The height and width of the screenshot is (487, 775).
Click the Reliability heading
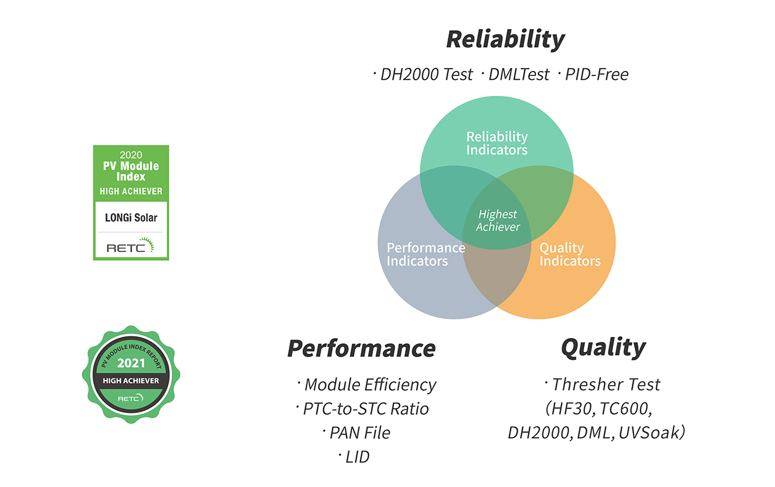505,40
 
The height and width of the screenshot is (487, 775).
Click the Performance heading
361,349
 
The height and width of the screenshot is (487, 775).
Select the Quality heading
603,347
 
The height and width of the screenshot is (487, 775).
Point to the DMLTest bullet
517,75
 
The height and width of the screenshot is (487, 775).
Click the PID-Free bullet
595,75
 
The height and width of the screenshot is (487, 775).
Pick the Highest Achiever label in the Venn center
498,221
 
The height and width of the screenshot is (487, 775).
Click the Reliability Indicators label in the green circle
496,143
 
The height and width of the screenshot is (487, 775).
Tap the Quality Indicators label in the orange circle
569,254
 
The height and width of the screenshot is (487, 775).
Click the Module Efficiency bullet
369,384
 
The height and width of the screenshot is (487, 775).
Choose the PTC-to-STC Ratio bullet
365,409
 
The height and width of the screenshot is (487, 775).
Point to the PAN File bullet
359,433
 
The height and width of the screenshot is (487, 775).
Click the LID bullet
356,457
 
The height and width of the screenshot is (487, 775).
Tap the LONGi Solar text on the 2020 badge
130,218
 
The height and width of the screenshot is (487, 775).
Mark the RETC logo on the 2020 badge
130,247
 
